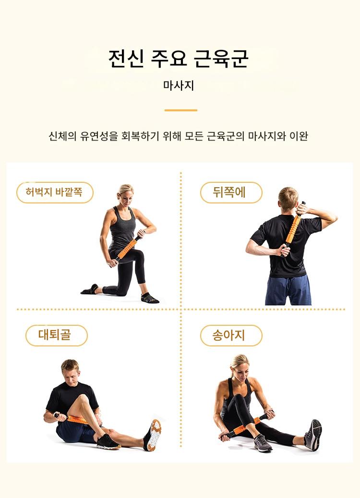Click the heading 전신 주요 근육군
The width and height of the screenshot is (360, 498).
tap(178, 59)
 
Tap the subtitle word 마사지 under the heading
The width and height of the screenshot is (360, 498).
tap(179, 85)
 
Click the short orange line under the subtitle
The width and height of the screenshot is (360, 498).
tap(181, 110)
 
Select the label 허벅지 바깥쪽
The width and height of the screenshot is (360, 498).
tap(54, 192)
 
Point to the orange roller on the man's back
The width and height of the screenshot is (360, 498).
tap(292, 229)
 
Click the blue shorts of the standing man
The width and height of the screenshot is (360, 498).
tap(288, 290)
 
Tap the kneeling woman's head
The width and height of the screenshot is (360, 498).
tap(125, 194)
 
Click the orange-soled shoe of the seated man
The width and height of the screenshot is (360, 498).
tap(153, 435)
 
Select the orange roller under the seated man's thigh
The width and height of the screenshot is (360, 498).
tap(77, 420)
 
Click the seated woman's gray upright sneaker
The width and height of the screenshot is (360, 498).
tap(313, 435)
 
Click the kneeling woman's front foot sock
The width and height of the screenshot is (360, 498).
tap(150, 298)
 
